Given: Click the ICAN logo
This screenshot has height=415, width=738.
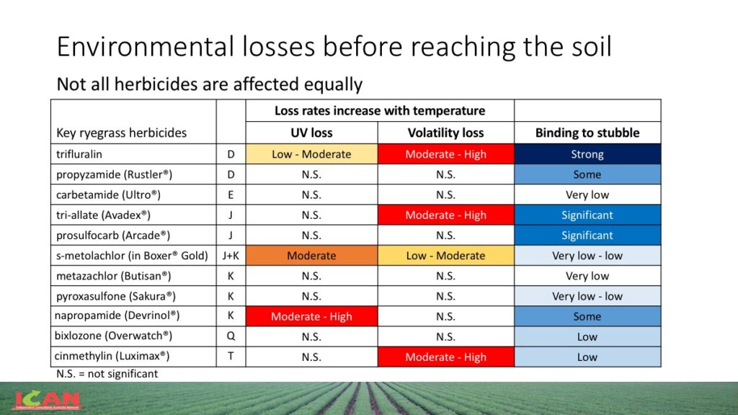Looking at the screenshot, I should [x=48, y=401].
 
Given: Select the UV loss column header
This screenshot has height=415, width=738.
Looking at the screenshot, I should [x=311, y=133].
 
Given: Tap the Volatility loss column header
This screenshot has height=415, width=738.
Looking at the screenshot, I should [x=445, y=133].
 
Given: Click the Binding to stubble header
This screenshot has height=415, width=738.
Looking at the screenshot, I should [x=587, y=133].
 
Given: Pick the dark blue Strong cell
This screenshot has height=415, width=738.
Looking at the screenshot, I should [x=587, y=154].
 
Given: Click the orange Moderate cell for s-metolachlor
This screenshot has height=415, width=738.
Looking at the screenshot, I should [x=311, y=255].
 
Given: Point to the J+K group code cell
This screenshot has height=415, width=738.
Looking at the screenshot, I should [x=231, y=255].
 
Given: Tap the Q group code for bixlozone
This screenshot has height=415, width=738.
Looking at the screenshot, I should [x=231, y=336].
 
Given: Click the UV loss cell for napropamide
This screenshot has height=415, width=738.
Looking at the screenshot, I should [x=311, y=316].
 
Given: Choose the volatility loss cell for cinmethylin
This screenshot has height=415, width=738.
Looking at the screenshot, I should [x=445, y=357].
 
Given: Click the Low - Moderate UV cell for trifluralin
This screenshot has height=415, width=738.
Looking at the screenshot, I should [x=311, y=154].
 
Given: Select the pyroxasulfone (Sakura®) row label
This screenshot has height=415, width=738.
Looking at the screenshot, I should [x=115, y=296].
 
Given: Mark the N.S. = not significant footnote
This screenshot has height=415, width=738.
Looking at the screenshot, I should [x=107, y=374].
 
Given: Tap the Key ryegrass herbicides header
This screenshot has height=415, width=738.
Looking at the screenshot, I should [x=121, y=133].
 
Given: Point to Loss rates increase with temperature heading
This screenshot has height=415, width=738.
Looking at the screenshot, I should [x=380, y=111].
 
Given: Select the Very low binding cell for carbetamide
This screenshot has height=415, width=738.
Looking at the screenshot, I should [x=587, y=195].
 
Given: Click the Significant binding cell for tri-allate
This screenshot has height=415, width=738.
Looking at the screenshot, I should [x=587, y=215].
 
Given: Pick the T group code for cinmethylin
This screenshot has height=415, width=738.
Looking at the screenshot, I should [x=231, y=357].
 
